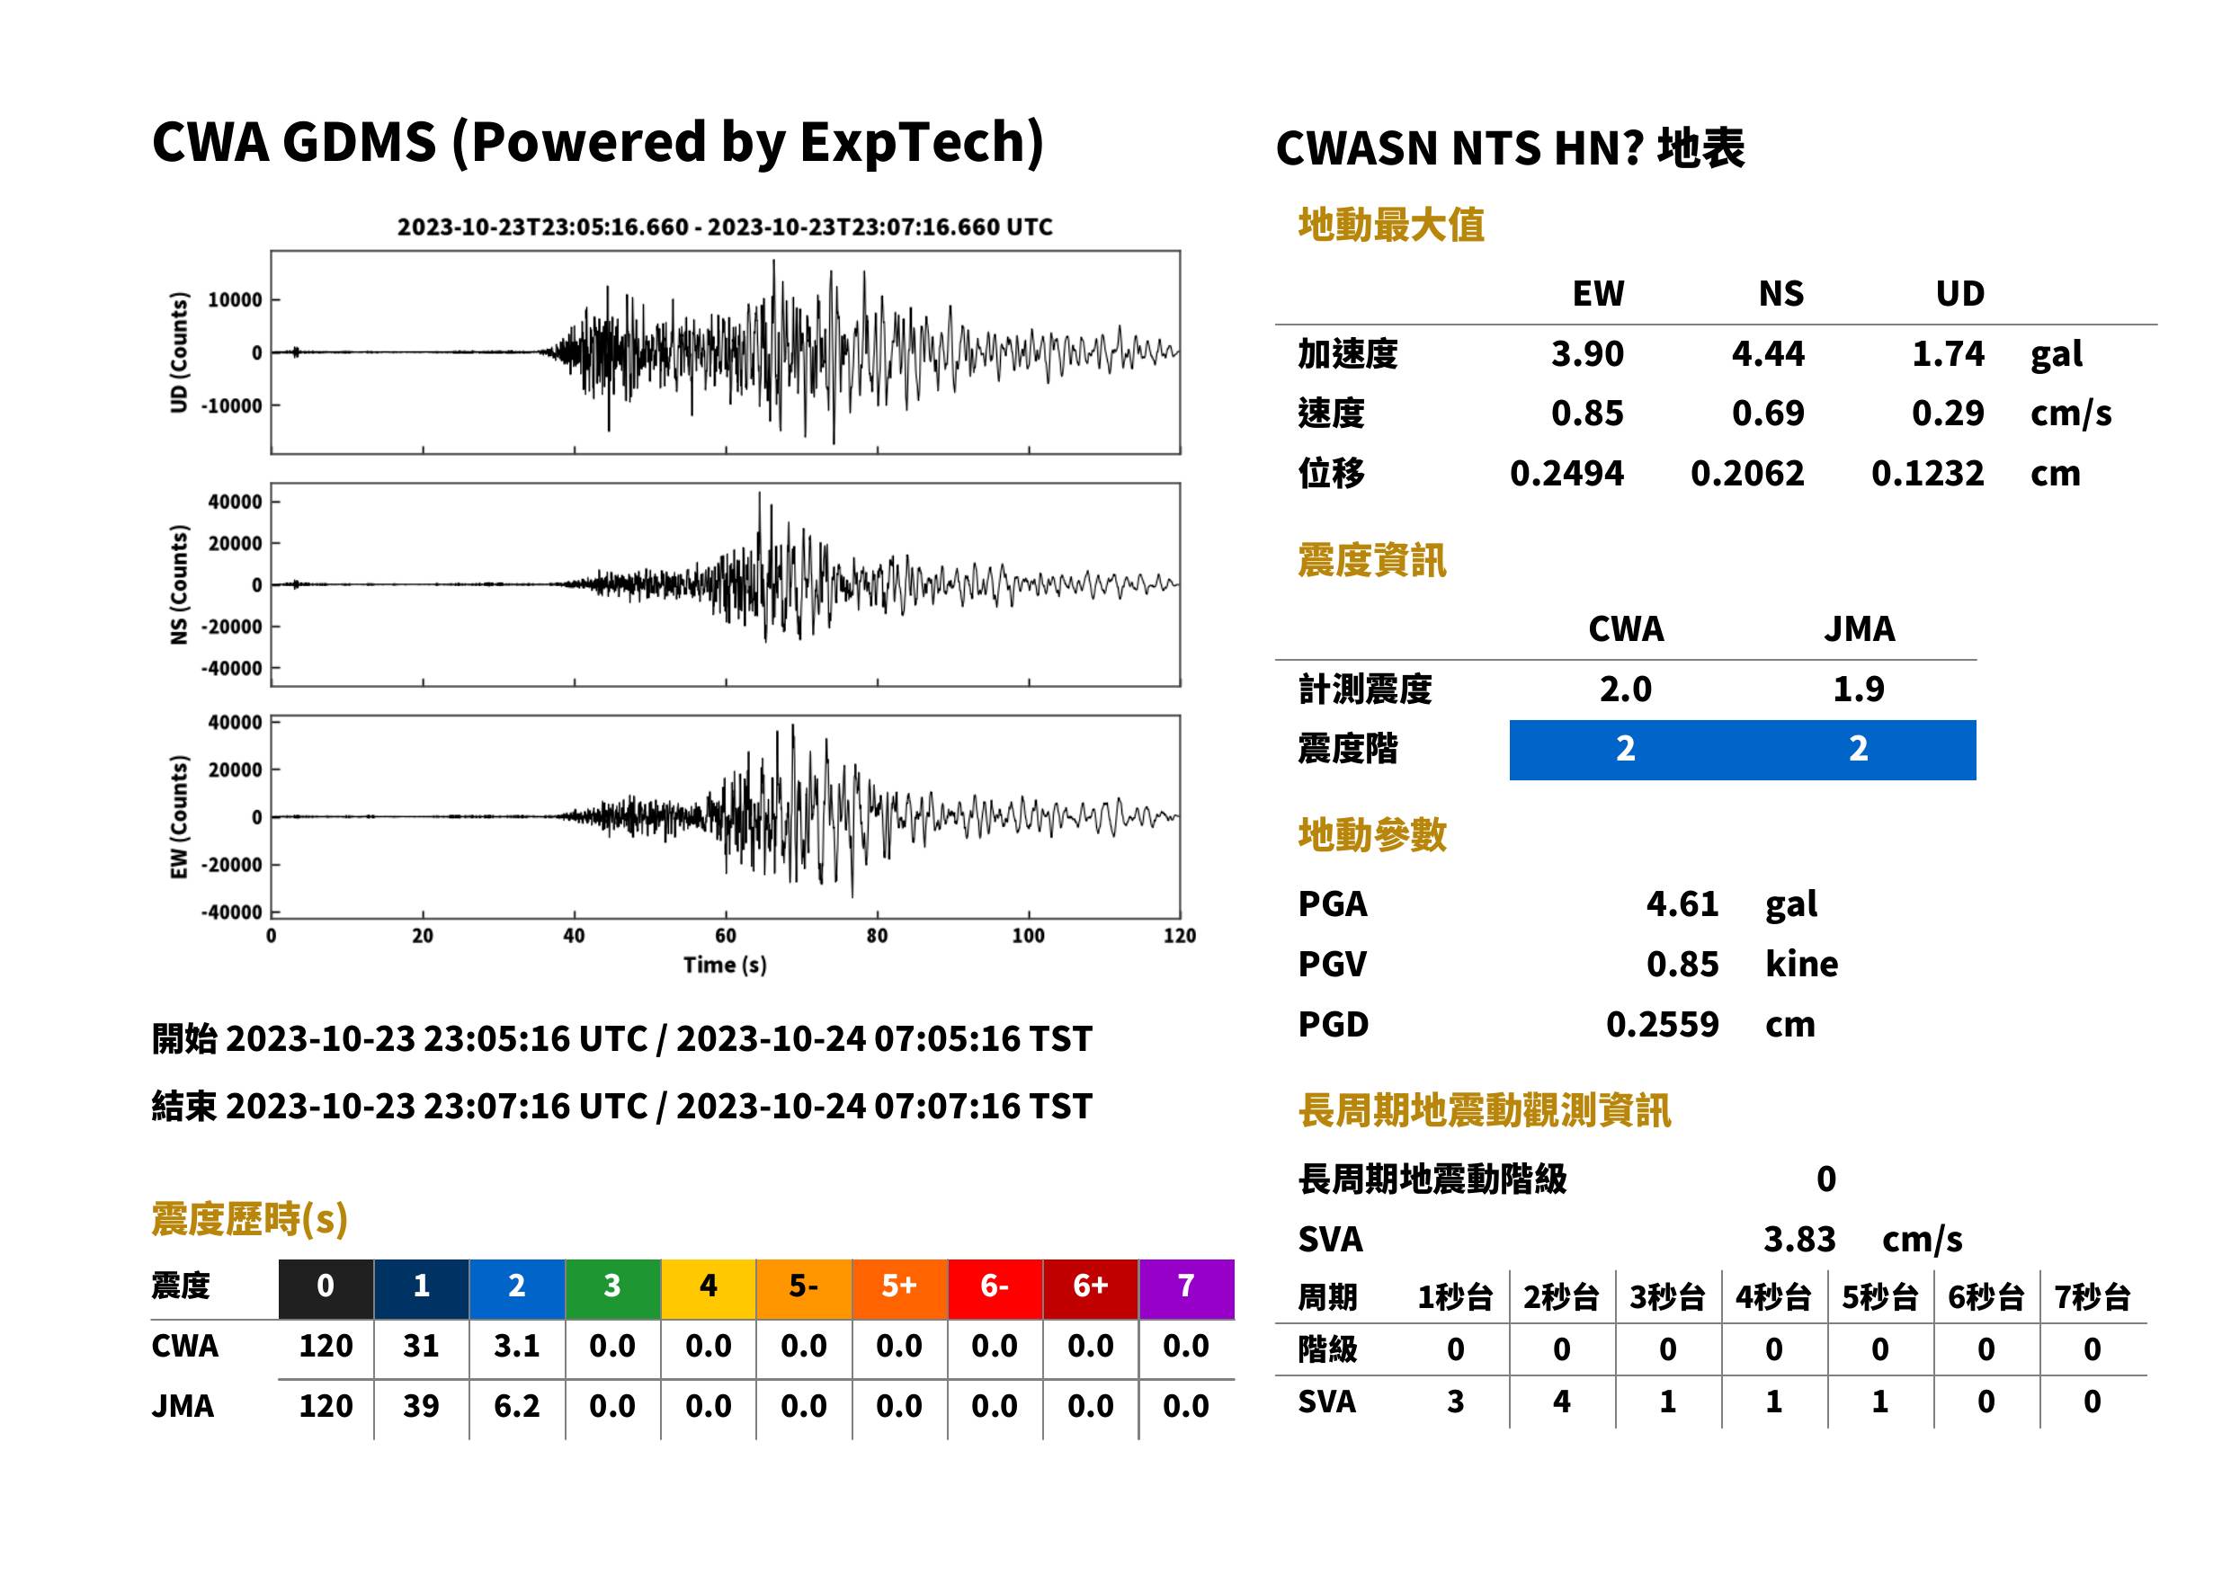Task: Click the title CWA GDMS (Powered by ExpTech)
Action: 597,143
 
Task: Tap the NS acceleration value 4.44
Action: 1767,353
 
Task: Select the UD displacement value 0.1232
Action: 1927,474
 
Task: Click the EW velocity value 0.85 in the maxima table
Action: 1586,413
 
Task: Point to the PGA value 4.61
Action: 1682,903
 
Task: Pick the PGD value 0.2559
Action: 1662,1024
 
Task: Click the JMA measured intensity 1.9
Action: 1858,689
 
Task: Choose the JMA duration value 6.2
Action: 517,1406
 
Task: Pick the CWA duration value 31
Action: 421,1346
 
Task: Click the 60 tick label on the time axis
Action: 725,936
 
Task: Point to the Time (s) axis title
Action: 725,966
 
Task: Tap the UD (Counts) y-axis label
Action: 179,352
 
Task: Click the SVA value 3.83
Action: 1799,1240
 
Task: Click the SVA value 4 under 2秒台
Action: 1561,1402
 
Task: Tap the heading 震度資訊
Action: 1371,561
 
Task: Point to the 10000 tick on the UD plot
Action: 235,300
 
